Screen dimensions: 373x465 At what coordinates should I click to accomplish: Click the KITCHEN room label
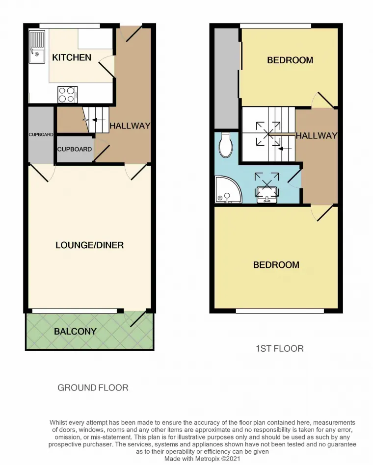point(72,57)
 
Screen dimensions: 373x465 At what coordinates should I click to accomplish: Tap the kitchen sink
point(37,47)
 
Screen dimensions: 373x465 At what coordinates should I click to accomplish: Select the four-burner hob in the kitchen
point(68,94)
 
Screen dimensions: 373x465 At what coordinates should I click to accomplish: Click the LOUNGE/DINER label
point(90,245)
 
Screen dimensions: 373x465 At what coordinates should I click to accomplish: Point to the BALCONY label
point(75,331)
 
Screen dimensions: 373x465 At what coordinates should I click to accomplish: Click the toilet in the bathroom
point(225,145)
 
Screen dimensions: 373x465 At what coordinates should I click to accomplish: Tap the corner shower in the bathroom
point(228,190)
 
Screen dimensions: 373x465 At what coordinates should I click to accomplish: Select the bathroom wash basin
point(267,195)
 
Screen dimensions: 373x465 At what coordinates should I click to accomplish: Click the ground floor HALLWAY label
point(130,126)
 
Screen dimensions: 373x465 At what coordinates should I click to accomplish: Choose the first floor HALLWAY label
point(317,135)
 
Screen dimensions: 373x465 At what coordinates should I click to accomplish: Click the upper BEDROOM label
point(290,60)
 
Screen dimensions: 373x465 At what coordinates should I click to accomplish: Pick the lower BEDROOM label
point(276,265)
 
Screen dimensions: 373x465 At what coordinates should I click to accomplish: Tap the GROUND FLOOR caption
point(93,387)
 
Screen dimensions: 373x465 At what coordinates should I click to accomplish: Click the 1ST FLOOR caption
point(280,348)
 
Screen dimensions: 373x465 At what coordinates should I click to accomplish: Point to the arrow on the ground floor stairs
point(99,120)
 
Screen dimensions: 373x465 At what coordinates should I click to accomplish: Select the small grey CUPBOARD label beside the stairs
point(75,149)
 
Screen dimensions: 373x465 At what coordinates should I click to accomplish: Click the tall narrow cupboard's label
point(41,134)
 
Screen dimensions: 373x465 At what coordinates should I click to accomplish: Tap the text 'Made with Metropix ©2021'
point(202,459)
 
